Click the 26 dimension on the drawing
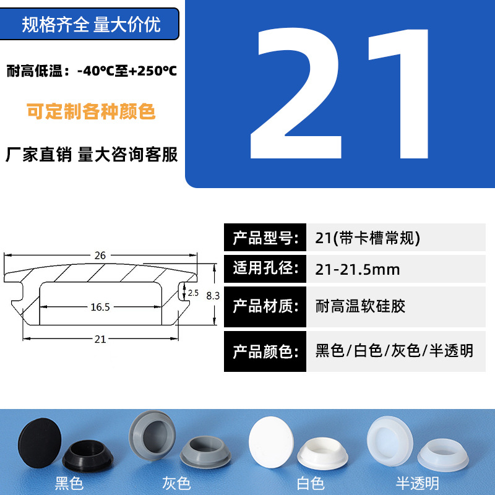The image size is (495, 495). [100, 256]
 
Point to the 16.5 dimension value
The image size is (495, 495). [100, 307]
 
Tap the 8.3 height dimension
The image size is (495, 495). [213, 296]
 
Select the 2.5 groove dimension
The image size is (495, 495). [193, 293]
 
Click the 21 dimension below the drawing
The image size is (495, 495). [100, 339]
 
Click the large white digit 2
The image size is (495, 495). [296, 93]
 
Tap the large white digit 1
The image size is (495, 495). [398, 94]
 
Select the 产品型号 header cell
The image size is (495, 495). [265, 238]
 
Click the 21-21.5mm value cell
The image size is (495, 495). [396, 269]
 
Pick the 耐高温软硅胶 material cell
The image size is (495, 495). [396, 307]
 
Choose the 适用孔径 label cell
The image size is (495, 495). [265, 269]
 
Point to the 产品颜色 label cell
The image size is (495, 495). [265, 351]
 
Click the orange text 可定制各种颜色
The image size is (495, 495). [91, 111]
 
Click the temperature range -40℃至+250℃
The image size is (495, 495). [127, 71]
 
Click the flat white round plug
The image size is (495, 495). [271, 442]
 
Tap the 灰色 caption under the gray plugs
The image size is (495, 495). [176, 483]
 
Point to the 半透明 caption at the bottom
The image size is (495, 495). [417, 483]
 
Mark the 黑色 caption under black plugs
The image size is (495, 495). [69, 483]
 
